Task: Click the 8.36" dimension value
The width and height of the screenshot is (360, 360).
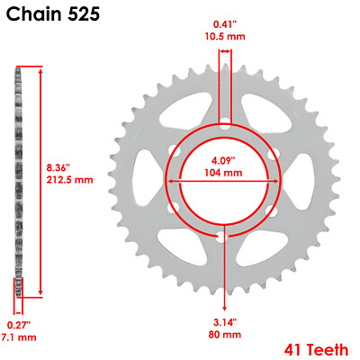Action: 58,166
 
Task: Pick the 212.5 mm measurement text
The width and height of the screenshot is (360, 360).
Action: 70,179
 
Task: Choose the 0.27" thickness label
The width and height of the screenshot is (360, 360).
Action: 17,324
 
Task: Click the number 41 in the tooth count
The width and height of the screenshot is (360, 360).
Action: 290,347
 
